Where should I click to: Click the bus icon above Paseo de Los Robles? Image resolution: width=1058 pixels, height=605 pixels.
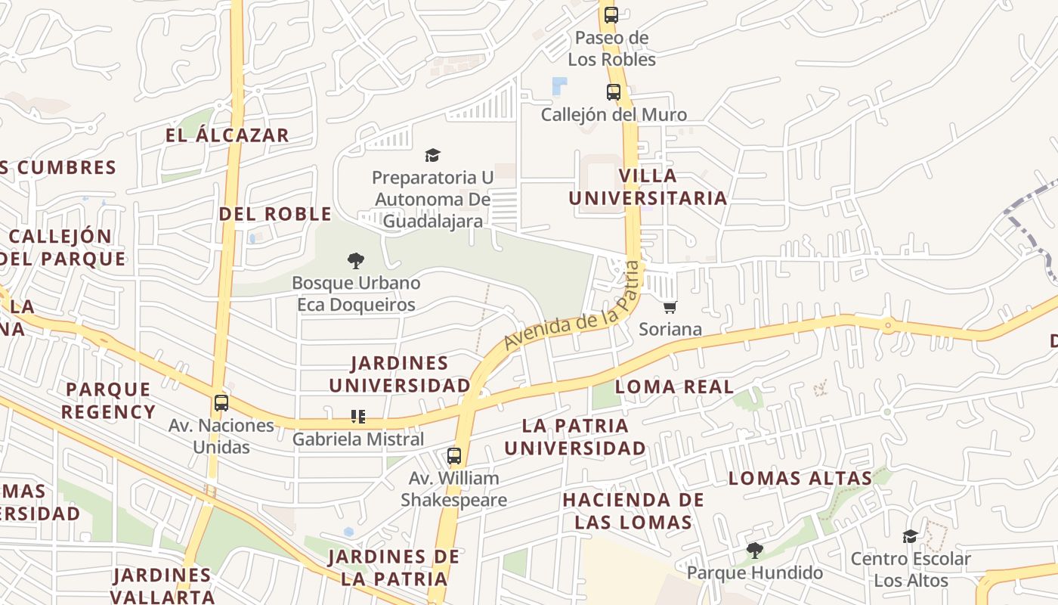[611, 14]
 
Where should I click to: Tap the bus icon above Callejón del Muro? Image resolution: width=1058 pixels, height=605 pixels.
[614, 92]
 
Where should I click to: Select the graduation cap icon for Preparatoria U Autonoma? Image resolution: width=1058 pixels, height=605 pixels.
[432, 155]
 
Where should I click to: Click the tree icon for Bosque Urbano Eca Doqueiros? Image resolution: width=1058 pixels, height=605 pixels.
[355, 261]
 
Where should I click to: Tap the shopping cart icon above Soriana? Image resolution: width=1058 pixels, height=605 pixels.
[670, 307]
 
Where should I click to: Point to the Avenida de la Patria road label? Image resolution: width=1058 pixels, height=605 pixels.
[571, 306]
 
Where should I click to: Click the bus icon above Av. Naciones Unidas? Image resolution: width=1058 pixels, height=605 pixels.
[221, 402]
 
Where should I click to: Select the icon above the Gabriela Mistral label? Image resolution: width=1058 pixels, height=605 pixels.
[358, 416]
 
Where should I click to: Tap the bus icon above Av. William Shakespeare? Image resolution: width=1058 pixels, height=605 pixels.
[453, 456]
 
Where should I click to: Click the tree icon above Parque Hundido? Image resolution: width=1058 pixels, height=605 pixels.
[753, 550]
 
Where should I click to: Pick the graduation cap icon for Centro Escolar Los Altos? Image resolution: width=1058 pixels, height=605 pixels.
[910, 536]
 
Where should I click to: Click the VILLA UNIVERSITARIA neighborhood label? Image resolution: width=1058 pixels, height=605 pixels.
[648, 187]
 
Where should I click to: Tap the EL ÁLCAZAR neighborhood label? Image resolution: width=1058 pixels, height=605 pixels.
[227, 135]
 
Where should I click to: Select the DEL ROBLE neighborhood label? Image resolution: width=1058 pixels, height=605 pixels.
[275, 213]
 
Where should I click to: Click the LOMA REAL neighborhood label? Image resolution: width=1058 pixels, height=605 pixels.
[673, 386]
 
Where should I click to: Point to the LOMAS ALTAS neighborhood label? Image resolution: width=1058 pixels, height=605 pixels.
[800, 478]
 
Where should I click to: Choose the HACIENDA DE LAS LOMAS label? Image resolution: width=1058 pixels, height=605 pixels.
[633, 510]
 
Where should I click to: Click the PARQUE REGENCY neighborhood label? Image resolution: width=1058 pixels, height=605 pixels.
[108, 401]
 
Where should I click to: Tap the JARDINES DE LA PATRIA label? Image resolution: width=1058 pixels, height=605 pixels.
[393, 568]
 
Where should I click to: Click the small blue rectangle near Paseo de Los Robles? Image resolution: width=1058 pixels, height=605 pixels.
[559, 85]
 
